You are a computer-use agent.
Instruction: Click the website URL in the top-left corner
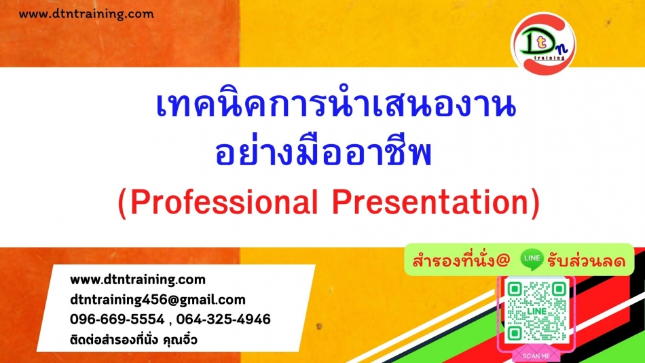tap(86, 14)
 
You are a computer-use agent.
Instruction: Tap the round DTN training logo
tap(543, 44)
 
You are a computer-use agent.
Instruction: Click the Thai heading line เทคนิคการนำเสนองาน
tap(335, 105)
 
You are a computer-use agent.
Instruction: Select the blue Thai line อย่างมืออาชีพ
tap(323, 152)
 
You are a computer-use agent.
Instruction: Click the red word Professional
tap(224, 203)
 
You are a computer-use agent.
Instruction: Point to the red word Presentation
tap(430, 203)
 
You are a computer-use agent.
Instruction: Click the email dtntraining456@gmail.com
tap(158, 300)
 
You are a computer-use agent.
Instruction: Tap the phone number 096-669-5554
tap(117, 319)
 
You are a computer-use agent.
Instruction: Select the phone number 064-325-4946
tap(223, 319)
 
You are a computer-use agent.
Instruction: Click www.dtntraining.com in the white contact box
tap(138, 280)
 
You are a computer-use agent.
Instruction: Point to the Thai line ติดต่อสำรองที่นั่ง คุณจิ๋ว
tap(134, 340)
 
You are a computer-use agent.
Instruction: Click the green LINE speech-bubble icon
tap(532, 259)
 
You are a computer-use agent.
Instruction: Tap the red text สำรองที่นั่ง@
tap(461, 261)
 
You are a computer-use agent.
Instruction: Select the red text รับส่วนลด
tap(586, 261)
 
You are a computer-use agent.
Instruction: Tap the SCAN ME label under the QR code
tap(536, 356)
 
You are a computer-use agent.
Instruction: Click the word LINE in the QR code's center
tap(536, 311)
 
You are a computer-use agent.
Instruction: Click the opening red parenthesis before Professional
tap(122, 203)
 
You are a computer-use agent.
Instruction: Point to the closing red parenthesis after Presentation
tap(535, 203)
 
